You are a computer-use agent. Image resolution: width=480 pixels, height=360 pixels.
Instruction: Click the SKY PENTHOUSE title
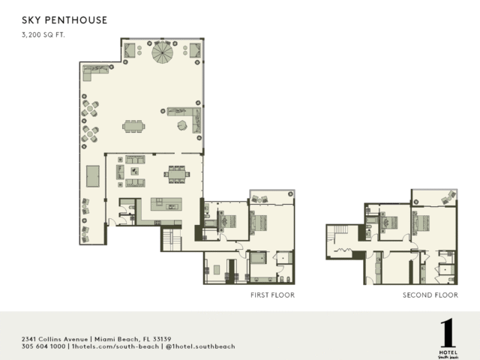pos(64,20)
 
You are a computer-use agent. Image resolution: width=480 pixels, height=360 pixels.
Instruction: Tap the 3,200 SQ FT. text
pos(43,35)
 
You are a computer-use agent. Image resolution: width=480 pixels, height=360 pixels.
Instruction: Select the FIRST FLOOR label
pos(272,295)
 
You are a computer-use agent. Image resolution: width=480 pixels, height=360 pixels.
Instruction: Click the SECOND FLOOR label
pos(430,295)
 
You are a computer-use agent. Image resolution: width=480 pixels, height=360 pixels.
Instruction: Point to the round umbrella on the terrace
pos(162,52)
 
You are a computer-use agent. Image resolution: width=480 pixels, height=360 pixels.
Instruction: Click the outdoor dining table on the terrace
pos(133,127)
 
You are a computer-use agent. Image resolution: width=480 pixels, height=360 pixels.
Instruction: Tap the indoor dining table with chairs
pos(177,175)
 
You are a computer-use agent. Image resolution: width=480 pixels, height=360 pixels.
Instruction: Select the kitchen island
pos(166,204)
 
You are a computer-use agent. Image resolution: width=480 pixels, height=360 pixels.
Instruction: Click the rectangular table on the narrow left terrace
pos(92,176)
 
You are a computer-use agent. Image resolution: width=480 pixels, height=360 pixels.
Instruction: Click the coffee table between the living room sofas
pos(135,171)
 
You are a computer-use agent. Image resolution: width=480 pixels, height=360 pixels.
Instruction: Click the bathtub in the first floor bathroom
pos(258,258)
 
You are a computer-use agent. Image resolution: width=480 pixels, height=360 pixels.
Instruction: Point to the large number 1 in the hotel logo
pos(448,333)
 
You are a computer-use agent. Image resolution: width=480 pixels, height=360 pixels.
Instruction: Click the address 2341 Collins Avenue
pos(55,339)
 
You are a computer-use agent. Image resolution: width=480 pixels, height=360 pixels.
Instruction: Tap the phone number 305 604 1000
pos(43,346)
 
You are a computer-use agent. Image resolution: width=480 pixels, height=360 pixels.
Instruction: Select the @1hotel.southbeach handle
pos(200,346)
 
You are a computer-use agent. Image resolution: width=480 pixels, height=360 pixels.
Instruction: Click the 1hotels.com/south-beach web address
pos(115,346)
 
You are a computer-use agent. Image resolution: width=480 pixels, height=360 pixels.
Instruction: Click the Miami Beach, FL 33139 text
pos(133,339)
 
